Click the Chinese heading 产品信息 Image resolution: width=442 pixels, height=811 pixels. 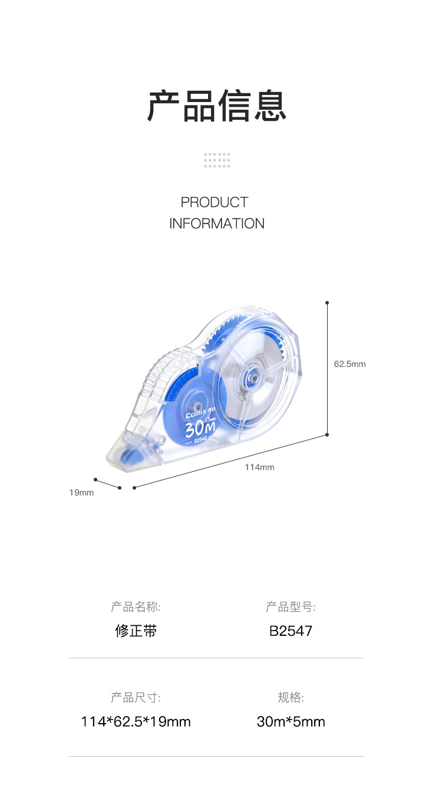(x=217, y=106)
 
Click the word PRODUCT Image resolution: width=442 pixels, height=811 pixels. (x=215, y=202)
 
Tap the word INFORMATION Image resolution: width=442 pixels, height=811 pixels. (x=217, y=224)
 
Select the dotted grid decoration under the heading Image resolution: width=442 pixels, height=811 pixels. (x=217, y=160)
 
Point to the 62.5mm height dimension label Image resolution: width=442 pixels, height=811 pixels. (x=349, y=364)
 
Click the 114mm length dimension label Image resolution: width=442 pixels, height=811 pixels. (x=259, y=467)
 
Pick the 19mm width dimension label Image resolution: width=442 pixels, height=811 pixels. (x=81, y=492)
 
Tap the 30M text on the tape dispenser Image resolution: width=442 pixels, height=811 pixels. (x=200, y=429)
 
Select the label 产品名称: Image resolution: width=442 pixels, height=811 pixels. (x=136, y=607)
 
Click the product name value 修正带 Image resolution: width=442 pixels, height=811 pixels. (x=136, y=631)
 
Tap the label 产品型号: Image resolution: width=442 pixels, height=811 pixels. (x=291, y=607)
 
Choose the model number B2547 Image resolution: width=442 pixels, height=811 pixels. (x=291, y=631)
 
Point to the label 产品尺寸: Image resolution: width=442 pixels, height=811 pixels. (x=136, y=697)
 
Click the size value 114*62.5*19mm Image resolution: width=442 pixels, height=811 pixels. (x=136, y=721)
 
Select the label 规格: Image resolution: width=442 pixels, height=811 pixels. (x=291, y=697)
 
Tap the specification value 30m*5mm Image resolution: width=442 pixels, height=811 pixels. (x=291, y=721)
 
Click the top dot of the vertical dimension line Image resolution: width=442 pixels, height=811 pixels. (x=327, y=303)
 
